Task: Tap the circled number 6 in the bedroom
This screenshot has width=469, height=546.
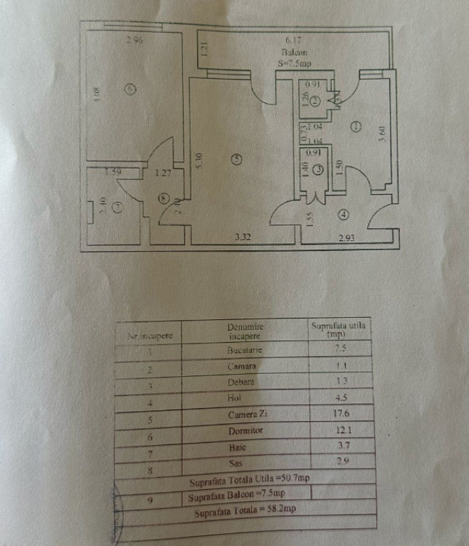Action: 129,89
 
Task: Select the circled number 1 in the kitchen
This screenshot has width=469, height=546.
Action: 355,127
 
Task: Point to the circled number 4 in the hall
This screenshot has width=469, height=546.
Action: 344,213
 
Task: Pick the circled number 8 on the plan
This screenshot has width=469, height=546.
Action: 165,200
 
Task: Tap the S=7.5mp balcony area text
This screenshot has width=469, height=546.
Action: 294,63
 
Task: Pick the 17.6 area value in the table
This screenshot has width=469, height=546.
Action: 340,414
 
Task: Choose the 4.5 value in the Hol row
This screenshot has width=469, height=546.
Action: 340,398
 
